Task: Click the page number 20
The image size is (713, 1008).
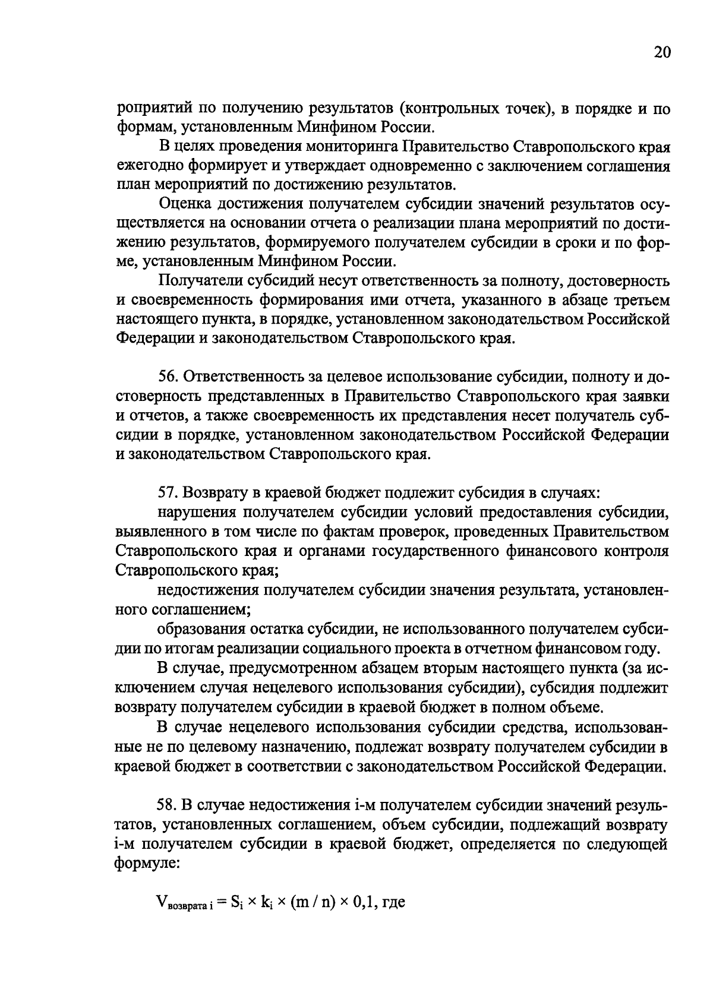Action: tap(662, 53)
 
